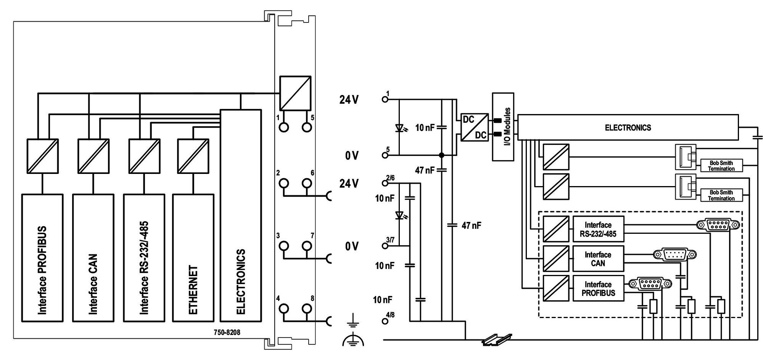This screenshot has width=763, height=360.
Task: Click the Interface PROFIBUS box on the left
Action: tap(42, 258)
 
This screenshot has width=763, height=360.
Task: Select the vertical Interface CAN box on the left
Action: tap(93, 258)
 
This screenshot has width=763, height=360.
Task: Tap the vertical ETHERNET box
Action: tap(193, 258)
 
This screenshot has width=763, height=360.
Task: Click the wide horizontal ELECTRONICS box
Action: tap(628, 128)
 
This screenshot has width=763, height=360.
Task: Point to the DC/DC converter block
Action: tap(475, 127)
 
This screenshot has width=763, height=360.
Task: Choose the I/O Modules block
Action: tap(503, 127)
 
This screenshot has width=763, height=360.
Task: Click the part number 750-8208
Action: tap(227, 332)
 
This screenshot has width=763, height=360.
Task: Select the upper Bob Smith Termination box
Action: tap(721, 166)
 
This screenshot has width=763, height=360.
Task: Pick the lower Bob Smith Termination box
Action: tap(721, 195)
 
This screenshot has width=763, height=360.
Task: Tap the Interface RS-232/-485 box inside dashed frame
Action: tap(598, 229)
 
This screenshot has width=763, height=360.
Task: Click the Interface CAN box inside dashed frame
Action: tap(598, 259)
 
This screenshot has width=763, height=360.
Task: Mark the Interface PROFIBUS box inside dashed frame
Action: tap(598, 288)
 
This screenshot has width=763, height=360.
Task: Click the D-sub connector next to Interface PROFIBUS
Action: tap(650, 284)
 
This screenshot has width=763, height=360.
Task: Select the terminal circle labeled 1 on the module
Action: tap(284, 127)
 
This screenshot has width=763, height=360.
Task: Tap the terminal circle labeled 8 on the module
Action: tap(307, 309)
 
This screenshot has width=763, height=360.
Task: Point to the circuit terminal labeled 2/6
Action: tap(385, 183)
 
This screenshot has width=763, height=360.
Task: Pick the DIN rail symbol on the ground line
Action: tap(497, 339)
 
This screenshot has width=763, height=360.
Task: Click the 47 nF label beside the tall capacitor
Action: tap(472, 225)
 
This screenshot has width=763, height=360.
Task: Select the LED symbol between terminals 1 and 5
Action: tap(400, 128)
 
